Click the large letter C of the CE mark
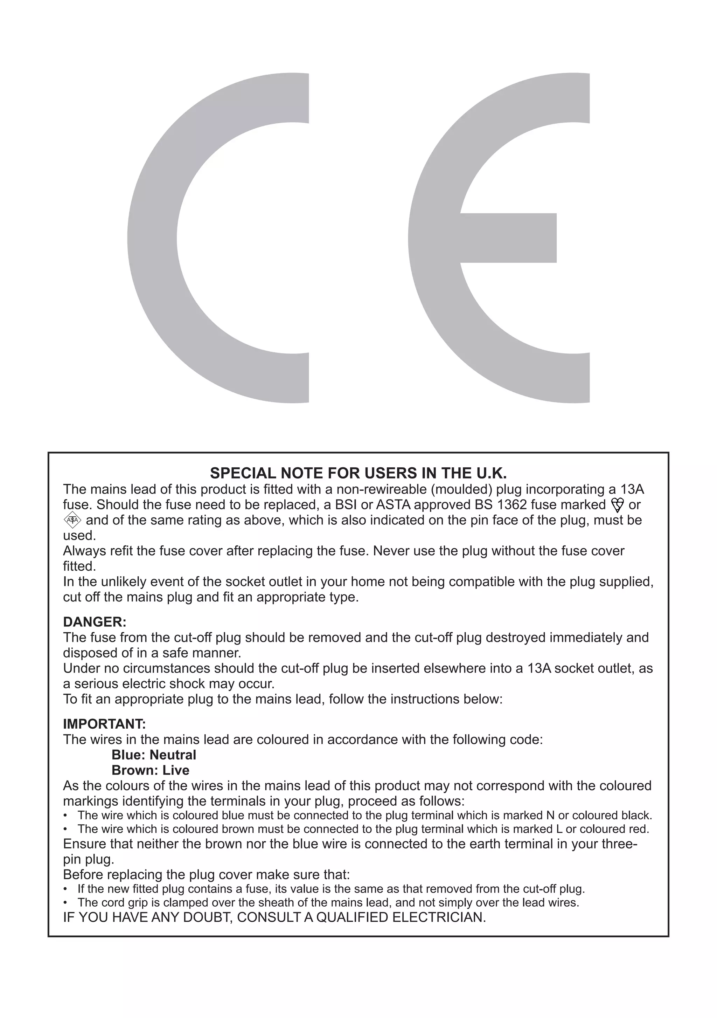pyautogui.click(x=153, y=238)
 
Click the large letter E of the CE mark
pyautogui.click(x=434, y=238)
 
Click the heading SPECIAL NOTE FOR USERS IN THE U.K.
pyautogui.click(x=358, y=474)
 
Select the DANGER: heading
pyautogui.click(x=95, y=621)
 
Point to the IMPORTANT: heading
pyautogui.click(x=104, y=724)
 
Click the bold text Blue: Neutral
pyautogui.click(x=154, y=755)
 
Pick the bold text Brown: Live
pyautogui.click(x=150, y=770)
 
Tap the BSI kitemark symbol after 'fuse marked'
pyautogui.click(x=617, y=505)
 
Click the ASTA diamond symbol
pyautogui.click(x=72, y=520)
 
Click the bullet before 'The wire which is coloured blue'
pyautogui.click(x=65, y=816)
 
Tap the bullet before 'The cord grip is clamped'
pyautogui.click(x=65, y=903)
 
